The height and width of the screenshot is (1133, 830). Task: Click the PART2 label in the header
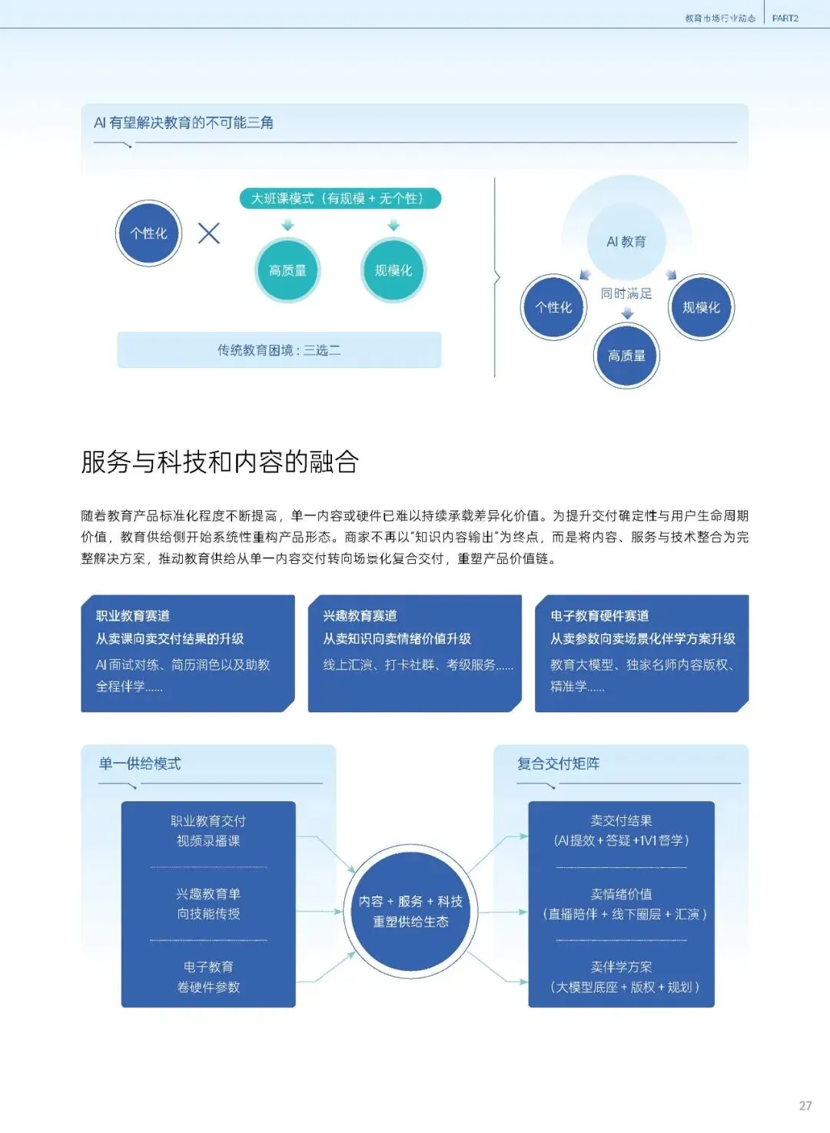pos(785,18)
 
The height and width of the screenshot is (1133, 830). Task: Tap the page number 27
pos(805,1105)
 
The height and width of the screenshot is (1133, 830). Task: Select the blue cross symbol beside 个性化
pos(208,234)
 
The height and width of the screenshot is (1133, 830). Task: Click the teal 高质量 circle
pos(287,270)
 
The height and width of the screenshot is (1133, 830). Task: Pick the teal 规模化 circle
pos(393,270)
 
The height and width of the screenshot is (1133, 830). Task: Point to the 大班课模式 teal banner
pos(340,198)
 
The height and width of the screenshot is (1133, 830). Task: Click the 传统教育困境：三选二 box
pos(279,350)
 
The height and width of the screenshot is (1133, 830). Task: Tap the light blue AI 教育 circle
pos(626,241)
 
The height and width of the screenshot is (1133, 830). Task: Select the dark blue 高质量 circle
pos(626,356)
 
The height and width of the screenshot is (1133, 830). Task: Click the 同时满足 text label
pos(626,293)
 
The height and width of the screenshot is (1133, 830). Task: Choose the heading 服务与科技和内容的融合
pos(220,462)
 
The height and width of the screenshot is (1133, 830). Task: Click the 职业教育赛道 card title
pos(133,615)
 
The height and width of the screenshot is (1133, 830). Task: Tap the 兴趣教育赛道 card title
pos(360,615)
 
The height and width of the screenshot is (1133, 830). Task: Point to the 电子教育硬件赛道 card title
pos(599,615)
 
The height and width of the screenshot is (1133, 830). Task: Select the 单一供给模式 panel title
pos(140,764)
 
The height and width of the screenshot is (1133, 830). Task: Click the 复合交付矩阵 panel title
pos(558,764)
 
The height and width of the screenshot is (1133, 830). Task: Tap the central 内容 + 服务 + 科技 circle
pos(410,911)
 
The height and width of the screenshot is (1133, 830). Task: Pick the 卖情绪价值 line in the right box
pos(621,894)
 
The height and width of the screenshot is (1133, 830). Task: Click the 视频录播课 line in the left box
pos(208,840)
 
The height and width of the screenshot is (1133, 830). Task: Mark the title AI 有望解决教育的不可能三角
pos(184,122)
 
